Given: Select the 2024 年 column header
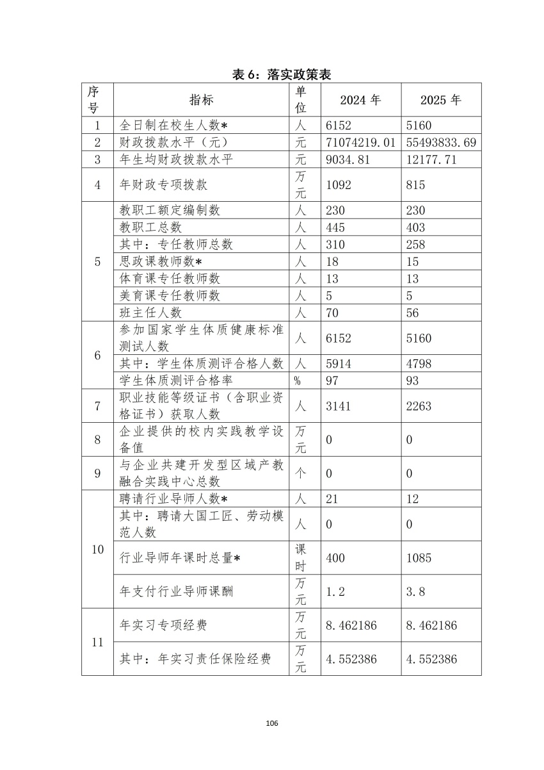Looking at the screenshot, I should click(x=360, y=100).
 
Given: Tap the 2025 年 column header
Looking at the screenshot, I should click(x=440, y=100).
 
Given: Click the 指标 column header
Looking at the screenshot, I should click(x=201, y=100).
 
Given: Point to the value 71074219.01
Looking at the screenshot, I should click(x=360, y=143).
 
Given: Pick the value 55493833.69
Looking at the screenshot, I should click(x=441, y=143).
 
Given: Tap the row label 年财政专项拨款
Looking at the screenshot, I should click(x=164, y=185).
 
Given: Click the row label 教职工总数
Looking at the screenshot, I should click(x=151, y=227).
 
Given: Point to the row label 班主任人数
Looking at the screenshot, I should click(x=151, y=312).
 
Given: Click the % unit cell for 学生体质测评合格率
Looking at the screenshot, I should click(x=298, y=381).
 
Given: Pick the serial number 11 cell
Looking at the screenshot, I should click(x=97, y=642).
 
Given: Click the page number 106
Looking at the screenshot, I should click(x=271, y=723).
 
